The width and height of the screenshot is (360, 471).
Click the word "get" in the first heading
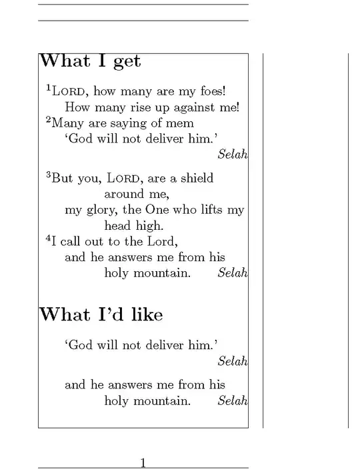click(x=127, y=62)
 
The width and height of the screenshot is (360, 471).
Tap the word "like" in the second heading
click(x=147, y=314)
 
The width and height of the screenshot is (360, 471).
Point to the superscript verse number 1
click(x=48, y=87)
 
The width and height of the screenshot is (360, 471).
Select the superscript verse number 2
click(x=48, y=120)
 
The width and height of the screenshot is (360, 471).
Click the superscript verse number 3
click(x=48, y=175)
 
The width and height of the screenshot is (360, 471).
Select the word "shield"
click(x=196, y=178)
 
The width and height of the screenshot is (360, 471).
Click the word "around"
click(x=124, y=194)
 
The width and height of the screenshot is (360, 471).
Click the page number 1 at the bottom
click(x=143, y=463)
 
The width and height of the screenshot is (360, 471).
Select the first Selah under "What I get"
click(x=233, y=155)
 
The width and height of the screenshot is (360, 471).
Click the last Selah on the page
click(x=233, y=401)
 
